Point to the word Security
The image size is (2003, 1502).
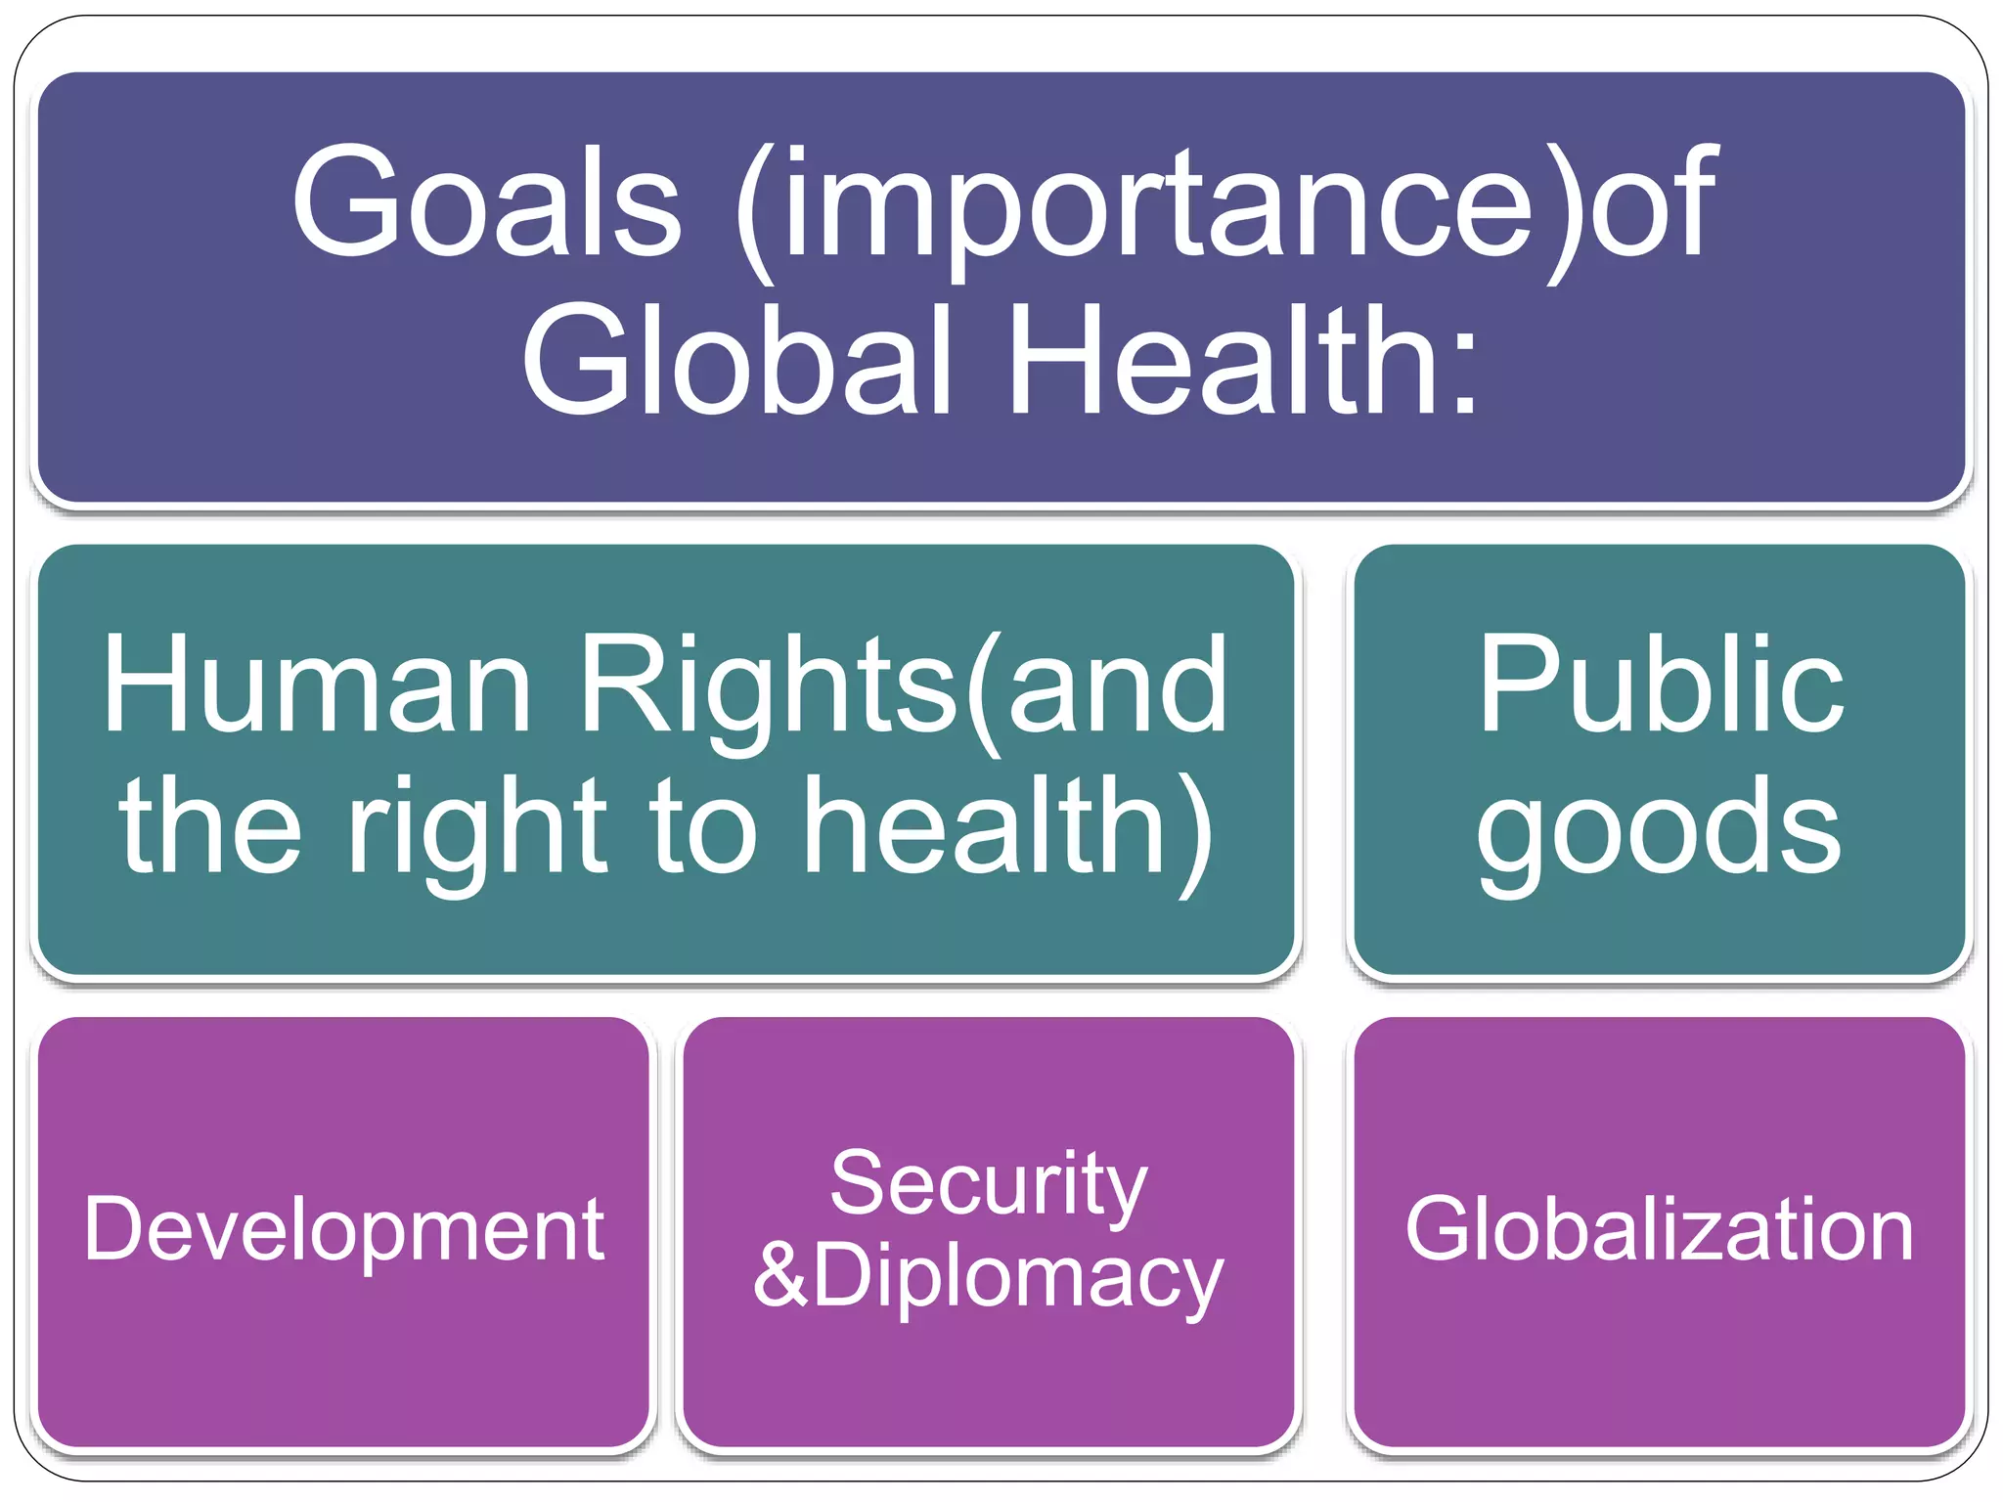988,1183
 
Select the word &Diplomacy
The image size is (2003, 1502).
988,1276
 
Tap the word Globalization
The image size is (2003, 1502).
1660,1229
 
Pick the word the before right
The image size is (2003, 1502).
210,829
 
